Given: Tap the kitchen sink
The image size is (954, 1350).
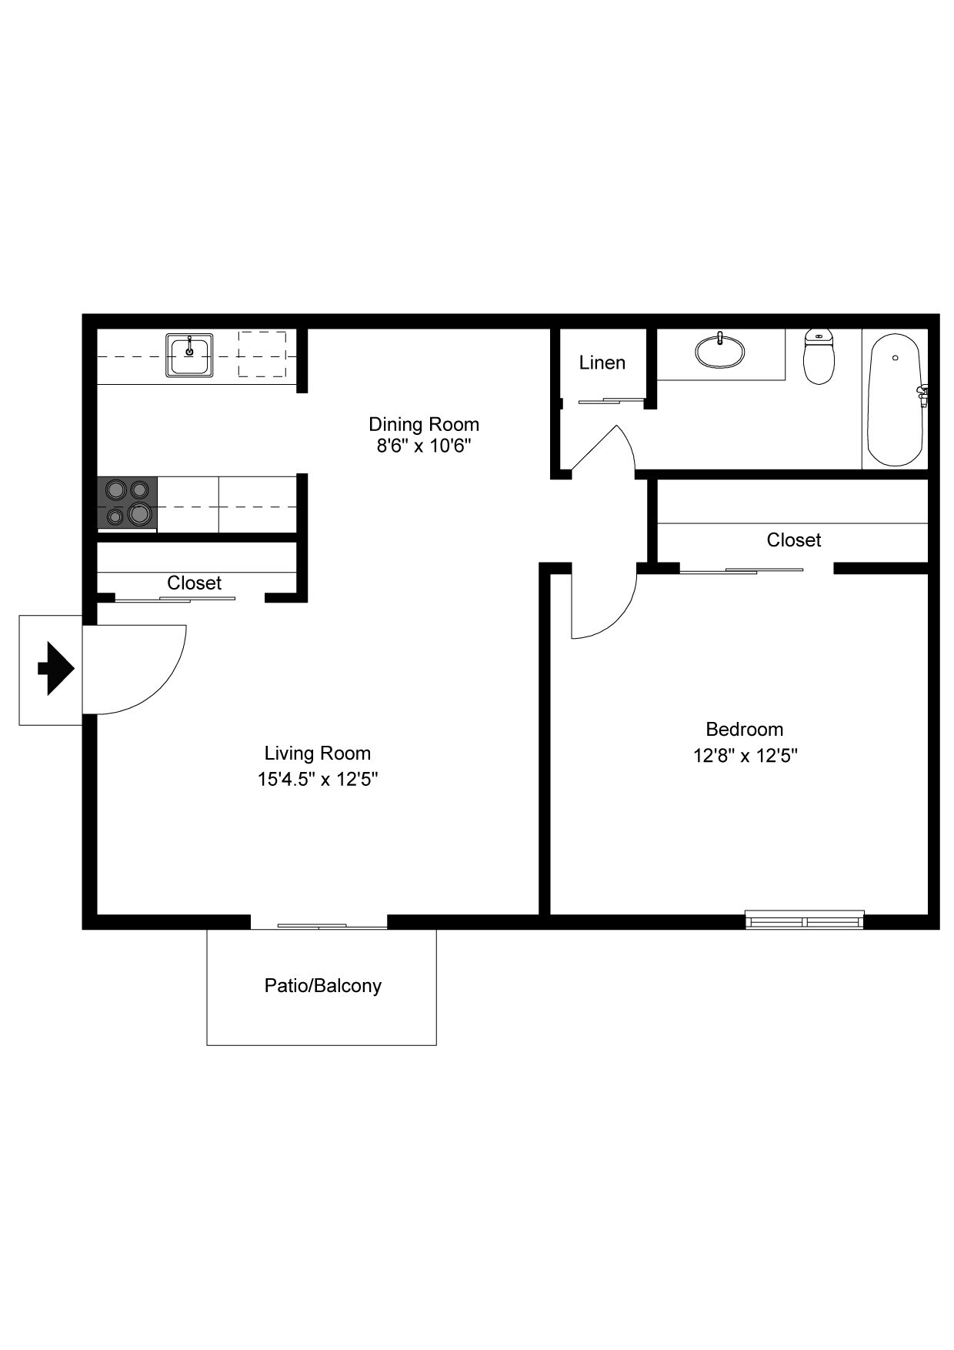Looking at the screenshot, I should [x=189, y=356].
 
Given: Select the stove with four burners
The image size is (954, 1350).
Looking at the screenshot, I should [x=128, y=503].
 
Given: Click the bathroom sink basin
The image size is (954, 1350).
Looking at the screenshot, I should [x=720, y=353].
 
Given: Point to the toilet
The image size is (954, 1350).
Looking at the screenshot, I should [x=819, y=358].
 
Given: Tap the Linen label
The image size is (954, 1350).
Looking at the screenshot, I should [x=602, y=363].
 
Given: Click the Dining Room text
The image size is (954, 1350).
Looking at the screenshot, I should [x=423, y=424].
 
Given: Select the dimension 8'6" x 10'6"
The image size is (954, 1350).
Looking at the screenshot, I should [x=423, y=446].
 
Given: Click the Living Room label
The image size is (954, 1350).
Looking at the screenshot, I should [x=317, y=753].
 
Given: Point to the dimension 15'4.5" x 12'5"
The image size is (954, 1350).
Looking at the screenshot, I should [x=317, y=779].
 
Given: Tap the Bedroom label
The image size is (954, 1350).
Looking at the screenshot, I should [x=744, y=729].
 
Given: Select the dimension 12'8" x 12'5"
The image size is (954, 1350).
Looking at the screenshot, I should [x=744, y=755].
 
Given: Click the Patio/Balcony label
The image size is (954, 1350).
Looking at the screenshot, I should [x=322, y=985].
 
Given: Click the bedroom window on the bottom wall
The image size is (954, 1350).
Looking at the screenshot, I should [x=805, y=920].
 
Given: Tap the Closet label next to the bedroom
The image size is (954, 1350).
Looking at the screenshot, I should [x=793, y=540].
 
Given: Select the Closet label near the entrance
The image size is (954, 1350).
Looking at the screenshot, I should [x=194, y=583].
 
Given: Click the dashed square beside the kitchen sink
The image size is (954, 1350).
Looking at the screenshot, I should [x=262, y=354].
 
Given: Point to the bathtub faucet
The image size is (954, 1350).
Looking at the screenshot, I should [x=922, y=394].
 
